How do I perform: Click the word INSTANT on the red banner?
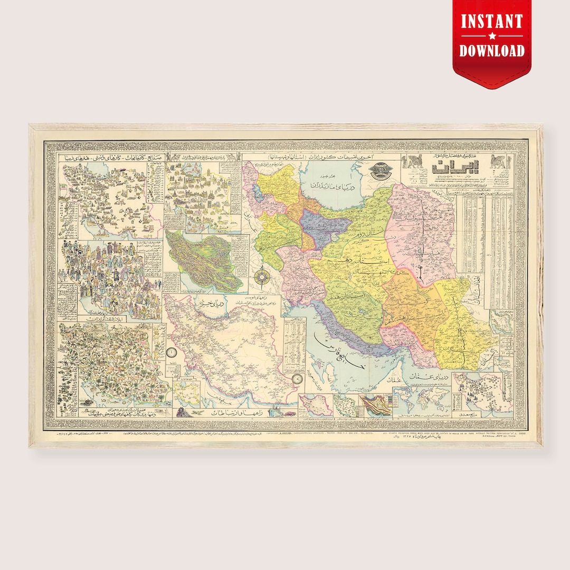(x=491, y=22)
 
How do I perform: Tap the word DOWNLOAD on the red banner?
(x=491, y=50)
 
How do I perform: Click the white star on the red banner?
(x=491, y=36)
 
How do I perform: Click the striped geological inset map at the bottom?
(x=376, y=404)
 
